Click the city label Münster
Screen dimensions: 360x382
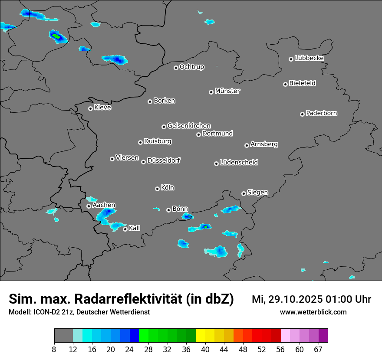point(227,91)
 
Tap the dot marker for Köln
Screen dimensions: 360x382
point(157,189)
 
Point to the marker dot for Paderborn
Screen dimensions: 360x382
point(302,114)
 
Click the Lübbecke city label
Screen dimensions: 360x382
point(309,58)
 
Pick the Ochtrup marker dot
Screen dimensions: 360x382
point(176,68)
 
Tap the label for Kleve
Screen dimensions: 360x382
point(102,108)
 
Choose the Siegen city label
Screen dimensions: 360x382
point(257,193)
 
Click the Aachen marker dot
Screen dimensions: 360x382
point(89,206)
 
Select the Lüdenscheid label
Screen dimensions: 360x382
point(239,163)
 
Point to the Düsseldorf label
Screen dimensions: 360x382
point(164,160)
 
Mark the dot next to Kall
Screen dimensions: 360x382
point(125,229)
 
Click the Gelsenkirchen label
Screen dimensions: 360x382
point(189,126)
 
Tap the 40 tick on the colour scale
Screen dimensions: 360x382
point(205,349)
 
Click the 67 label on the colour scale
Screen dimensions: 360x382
point(318,349)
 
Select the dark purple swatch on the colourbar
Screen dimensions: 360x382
point(323,336)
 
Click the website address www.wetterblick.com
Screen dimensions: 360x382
point(313,312)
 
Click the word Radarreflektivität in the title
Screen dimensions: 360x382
point(154,299)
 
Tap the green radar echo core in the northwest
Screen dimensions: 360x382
point(56,37)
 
